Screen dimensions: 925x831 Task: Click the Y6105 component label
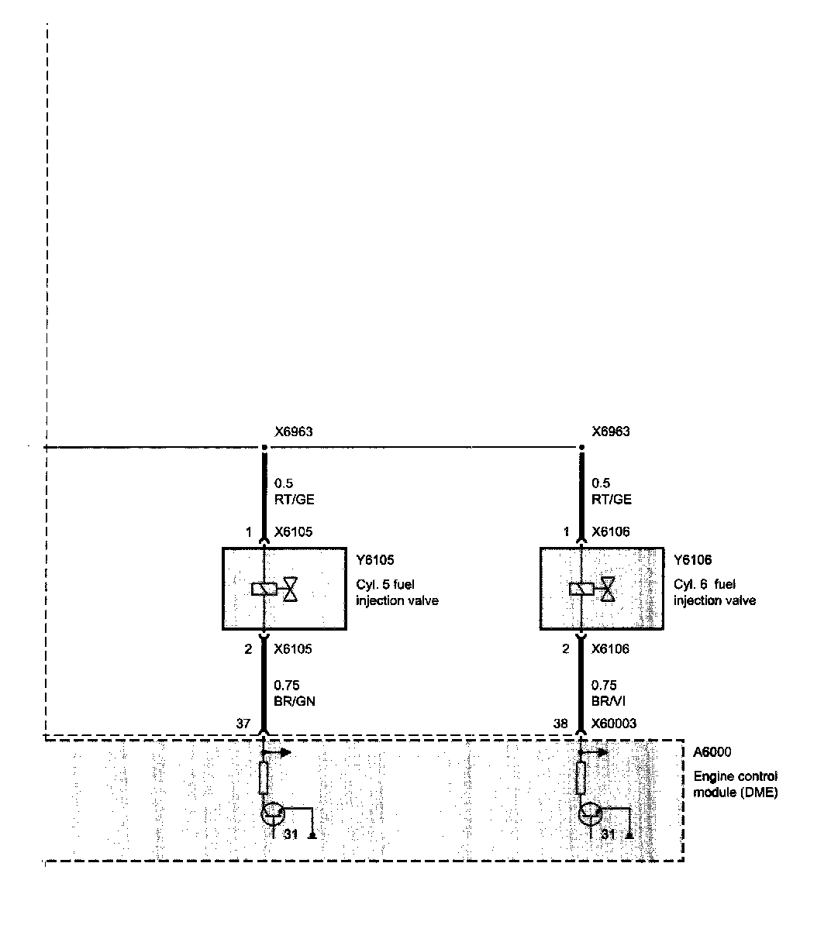(375, 560)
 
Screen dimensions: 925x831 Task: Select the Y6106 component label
(693, 560)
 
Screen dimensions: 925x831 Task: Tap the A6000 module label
(712, 751)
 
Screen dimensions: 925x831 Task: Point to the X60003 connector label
(614, 724)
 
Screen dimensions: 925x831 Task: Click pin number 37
(243, 724)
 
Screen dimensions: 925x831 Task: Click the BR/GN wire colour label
(295, 700)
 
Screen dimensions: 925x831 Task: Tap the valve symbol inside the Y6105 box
(291, 590)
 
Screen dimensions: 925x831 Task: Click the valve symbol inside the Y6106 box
(609, 590)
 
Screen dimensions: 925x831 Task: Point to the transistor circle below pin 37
(273, 813)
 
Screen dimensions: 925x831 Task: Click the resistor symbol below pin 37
(264, 777)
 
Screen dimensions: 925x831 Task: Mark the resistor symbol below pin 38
(581, 777)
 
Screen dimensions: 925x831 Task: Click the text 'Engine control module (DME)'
(735, 784)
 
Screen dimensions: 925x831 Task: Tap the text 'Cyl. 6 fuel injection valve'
(715, 593)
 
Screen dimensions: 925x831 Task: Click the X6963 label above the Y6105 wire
(294, 432)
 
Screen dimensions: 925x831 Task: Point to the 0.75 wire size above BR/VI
(604, 685)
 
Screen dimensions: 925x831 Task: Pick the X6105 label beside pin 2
(294, 648)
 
